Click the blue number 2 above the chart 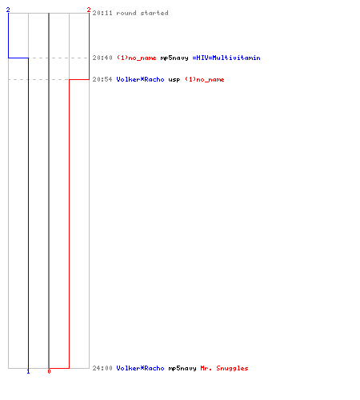click(x=8, y=10)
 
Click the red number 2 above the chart click(x=89, y=10)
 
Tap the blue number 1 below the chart click(x=28, y=371)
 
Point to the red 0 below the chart click(x=49, y=371)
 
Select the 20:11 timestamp click(x=102, y=13)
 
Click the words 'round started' click(x=142, y=13)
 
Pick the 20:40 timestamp click(x=102, y=58)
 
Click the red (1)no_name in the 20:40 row click(x=137, y=58)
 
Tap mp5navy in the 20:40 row click(x=174, y=58)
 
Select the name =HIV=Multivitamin click(x=226, y=58)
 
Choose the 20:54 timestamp click(x=102, y=79)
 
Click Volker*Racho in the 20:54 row click(x=140, y=79)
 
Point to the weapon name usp click(x=174, y=80)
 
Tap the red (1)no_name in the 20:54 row click(x=205, y=79)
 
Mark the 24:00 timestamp click(x=102, y=368)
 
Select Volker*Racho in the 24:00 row click(x=140, y=368)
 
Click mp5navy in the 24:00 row click(x=182, y=368)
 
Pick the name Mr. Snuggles click(x=224, y=368)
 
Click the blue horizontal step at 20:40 click(x=18, y=58)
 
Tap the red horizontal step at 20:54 click(x=79, y=79)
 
